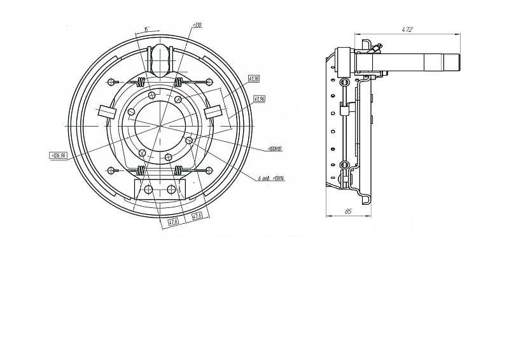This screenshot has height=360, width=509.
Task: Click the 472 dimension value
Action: click(407, 29)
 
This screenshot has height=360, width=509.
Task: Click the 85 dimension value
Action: click(348, 211)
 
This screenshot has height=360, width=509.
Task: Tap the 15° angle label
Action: click(146, 29)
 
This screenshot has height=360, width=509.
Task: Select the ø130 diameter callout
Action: click(197, 25)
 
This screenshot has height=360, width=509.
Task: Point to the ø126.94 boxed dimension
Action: click(59, 155)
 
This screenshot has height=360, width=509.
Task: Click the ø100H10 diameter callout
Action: click(275, 149)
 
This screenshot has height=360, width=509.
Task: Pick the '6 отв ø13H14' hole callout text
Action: click(271, 179)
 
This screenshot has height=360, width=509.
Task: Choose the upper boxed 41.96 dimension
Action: click(254, 78)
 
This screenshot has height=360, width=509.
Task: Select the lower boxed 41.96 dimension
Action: click(259, 99)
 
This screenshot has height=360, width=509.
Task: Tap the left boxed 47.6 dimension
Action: click(173, 222)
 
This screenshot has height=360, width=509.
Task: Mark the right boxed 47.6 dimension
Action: click(197, 216)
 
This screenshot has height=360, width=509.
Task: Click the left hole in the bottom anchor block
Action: click(148, 190)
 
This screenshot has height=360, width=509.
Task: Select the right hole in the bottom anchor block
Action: click(171, 190)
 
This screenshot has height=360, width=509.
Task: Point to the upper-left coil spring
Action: click(141, 81)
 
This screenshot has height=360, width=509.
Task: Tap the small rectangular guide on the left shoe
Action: click(106, 113)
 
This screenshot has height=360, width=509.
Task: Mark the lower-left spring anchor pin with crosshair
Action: click(112, 170)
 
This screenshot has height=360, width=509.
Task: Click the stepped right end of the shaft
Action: click(454, 63)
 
